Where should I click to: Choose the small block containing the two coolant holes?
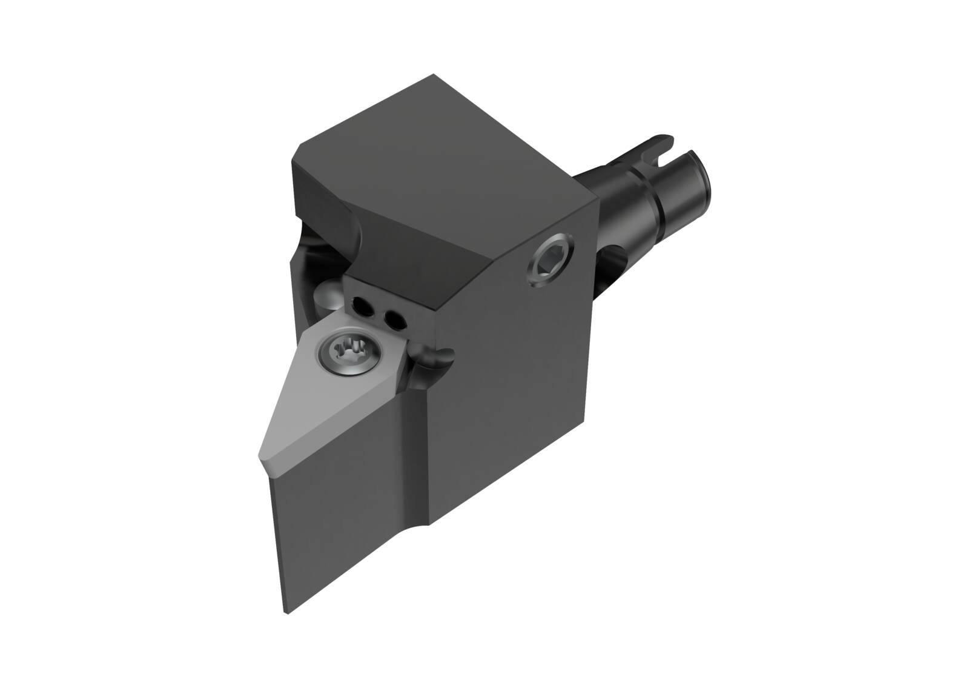tap(388, 303)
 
